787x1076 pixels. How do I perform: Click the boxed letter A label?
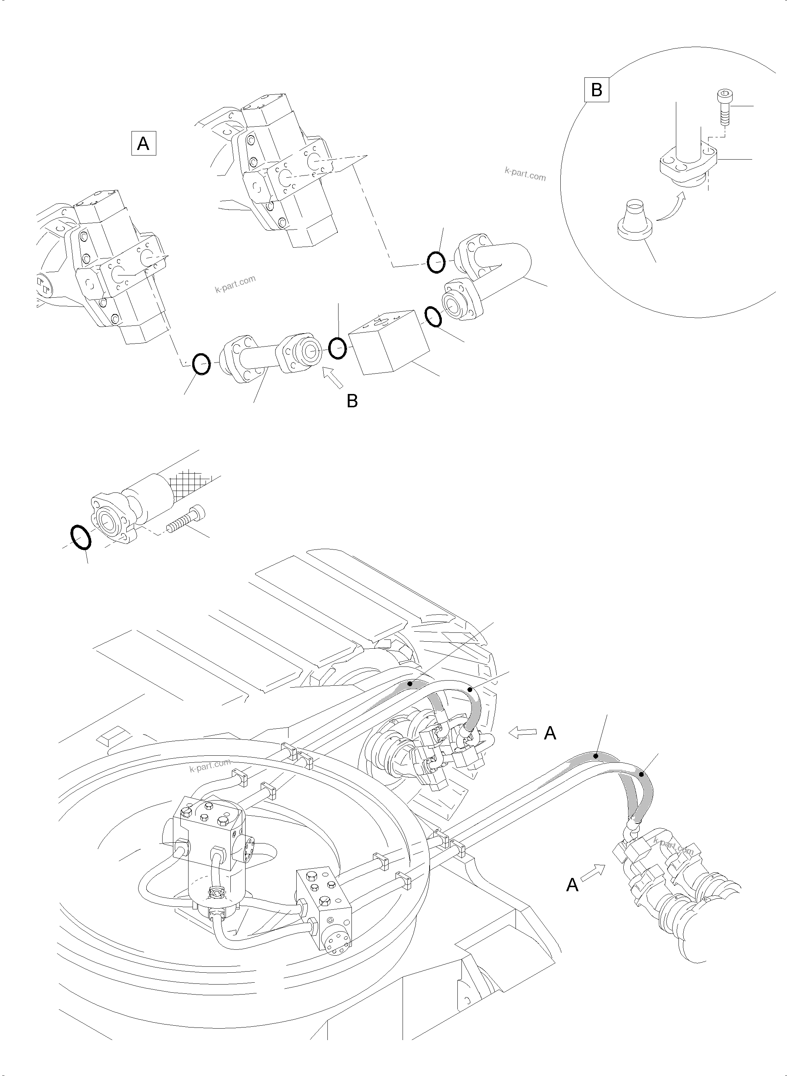[143, 143]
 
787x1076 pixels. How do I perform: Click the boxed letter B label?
[596, 90]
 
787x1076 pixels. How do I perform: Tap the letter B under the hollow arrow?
[352, 401]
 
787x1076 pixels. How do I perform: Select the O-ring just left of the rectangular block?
[338, 348]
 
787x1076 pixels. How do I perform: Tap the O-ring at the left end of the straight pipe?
[201, 365]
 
